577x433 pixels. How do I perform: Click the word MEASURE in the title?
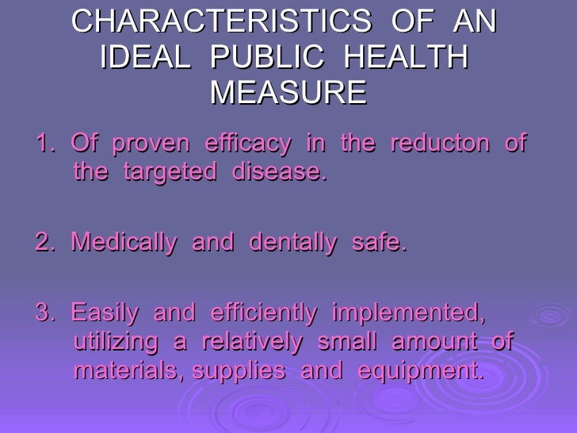(x=288, y=94)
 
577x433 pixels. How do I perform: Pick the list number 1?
(x=44, y=145)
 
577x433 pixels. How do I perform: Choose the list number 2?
(x=44, y=243)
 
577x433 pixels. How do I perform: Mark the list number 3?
(x=44, y=314)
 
